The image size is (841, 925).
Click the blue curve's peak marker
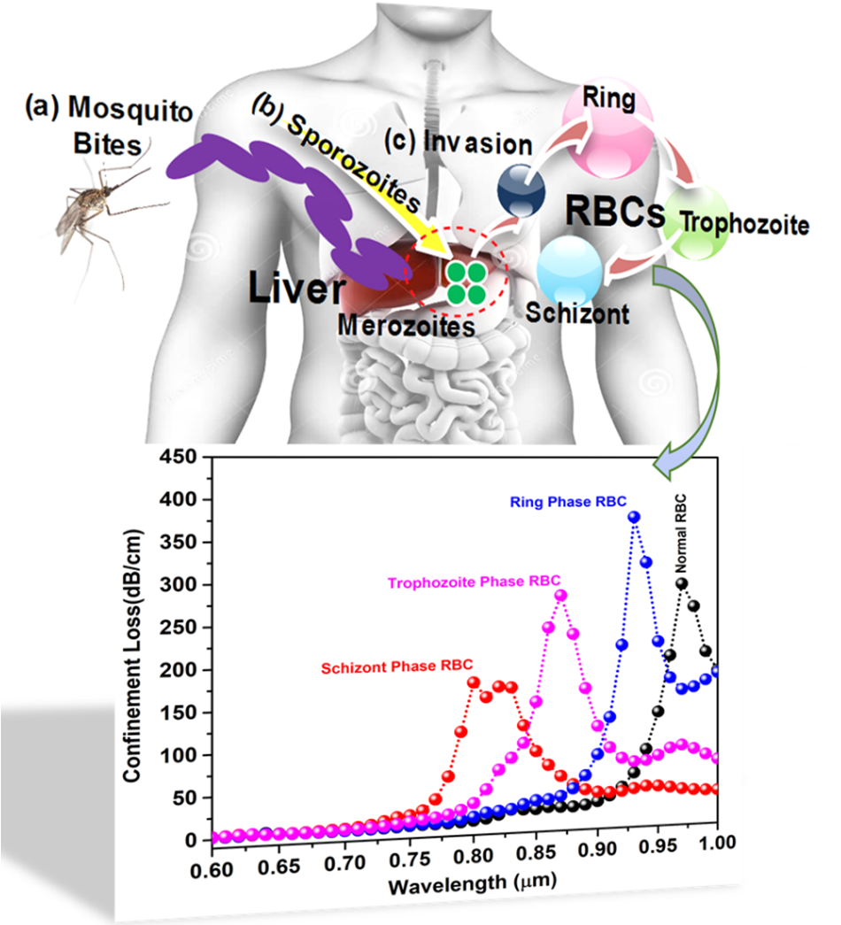tap(633, 517)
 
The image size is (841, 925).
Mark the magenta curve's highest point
tap(560, 596)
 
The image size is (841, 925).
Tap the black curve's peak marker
tap(682, 583)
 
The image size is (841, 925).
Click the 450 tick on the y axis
tap(179, 458)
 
